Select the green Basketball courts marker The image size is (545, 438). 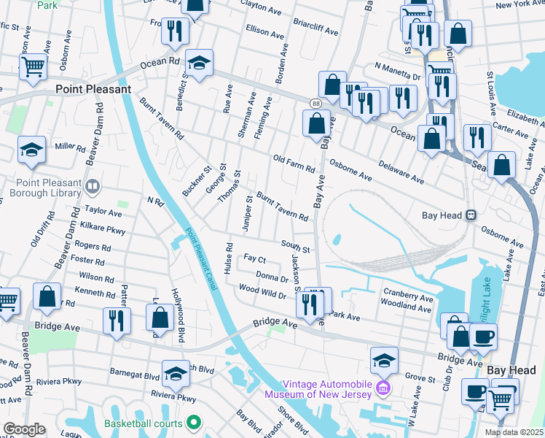194,423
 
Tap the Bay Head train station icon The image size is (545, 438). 471,215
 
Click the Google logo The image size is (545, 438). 24,429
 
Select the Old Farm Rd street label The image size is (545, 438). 294,164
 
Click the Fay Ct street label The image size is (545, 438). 254,259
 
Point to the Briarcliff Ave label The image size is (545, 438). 315,28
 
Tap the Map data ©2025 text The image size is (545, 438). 514,432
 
